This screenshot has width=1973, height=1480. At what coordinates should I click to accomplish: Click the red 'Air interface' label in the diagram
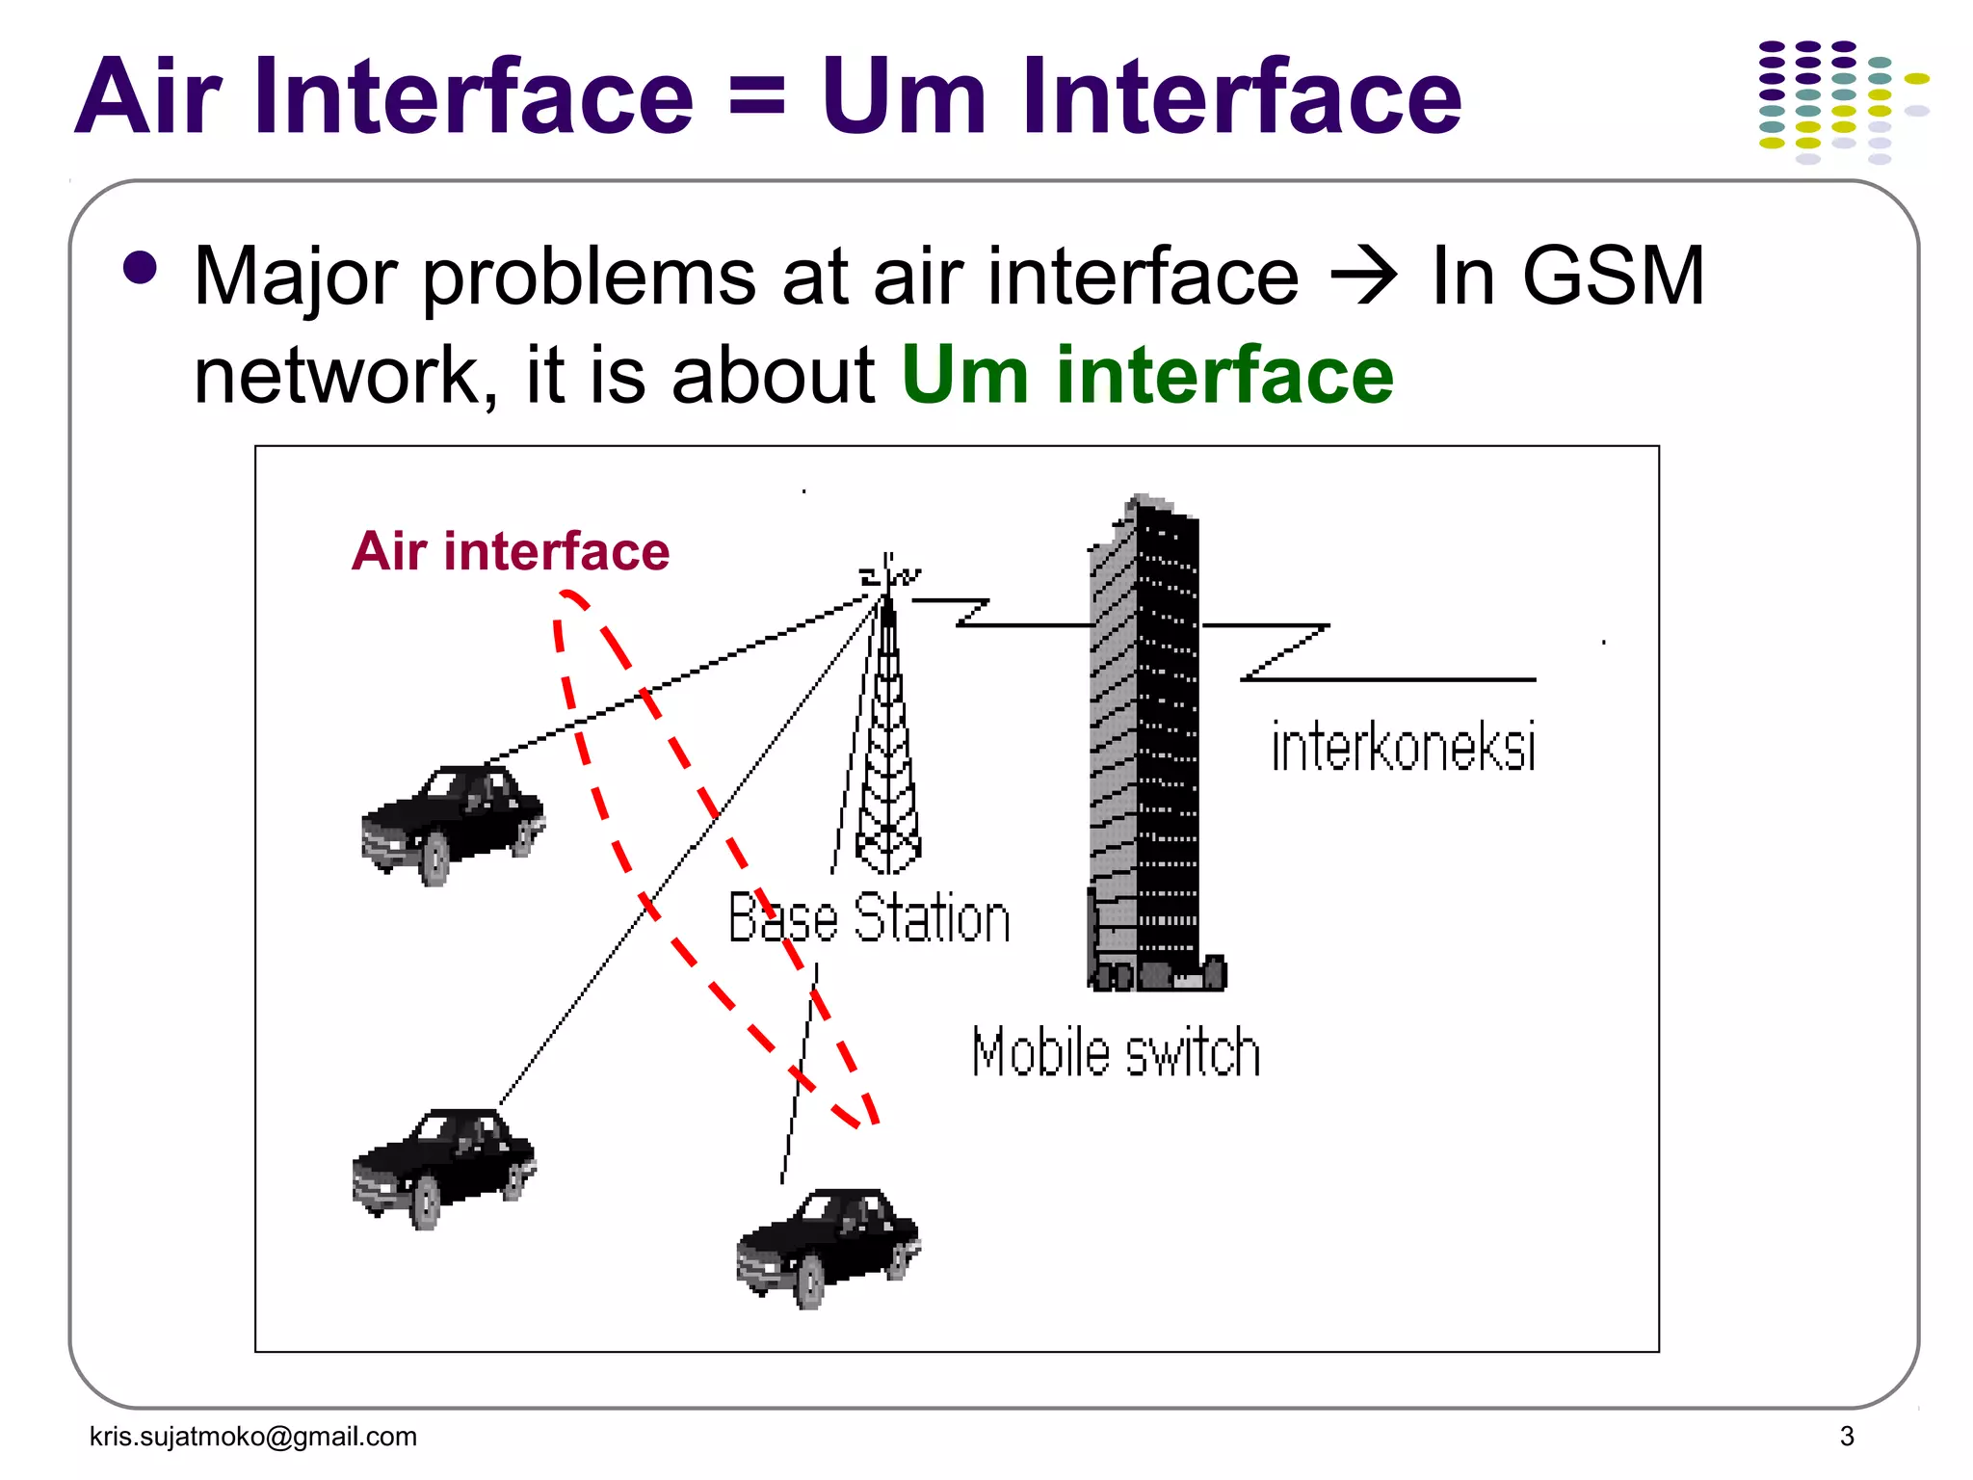coord(511,551)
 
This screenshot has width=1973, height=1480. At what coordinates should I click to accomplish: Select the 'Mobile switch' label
coord(1116,1052)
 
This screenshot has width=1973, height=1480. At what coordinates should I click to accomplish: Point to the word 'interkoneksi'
coord(1403,747)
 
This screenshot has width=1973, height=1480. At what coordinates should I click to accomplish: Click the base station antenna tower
coord(887,732)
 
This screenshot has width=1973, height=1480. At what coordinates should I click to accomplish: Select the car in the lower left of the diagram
coord(444,1166)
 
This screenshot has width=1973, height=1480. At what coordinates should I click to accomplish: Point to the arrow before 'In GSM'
coord(1363,277)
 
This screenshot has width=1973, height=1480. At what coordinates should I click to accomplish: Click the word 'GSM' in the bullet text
coord(1614,277)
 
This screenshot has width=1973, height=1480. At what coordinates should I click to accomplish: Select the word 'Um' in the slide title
coord(904,96)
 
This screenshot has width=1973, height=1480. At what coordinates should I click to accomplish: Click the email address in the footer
coord(253,1436)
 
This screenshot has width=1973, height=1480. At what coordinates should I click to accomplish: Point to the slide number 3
coord(1846,1436)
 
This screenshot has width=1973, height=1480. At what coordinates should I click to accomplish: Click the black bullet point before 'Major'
coord(141,269)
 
